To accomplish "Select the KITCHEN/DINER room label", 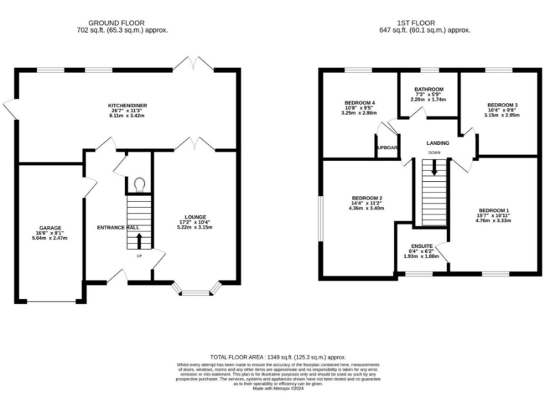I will tap(128, 105).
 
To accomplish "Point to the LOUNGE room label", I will tap(196, 217).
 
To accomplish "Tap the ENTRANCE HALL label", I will tap(117, 227).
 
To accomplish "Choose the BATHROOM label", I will tap(430, 90).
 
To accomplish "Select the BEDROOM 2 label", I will tap(366, 198).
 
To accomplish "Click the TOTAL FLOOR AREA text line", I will tap(277, 356).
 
